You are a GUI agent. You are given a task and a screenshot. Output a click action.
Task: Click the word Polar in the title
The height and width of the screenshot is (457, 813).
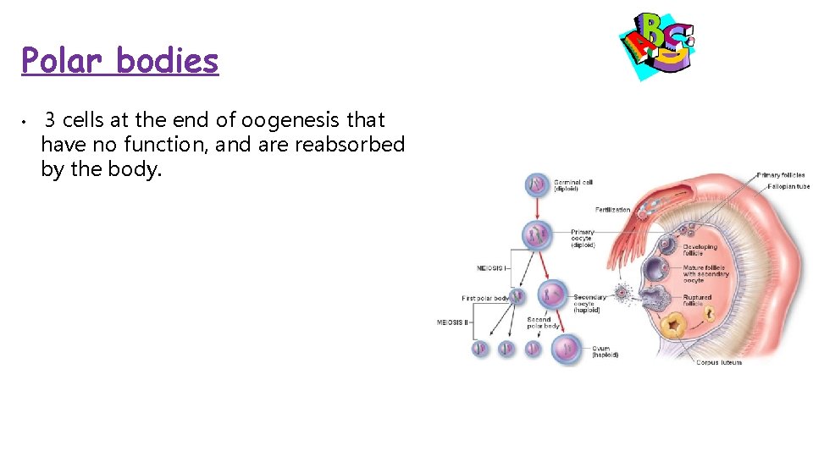tap(63, 61)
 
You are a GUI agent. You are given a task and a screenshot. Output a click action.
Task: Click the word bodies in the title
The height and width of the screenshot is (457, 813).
tap(168, 61)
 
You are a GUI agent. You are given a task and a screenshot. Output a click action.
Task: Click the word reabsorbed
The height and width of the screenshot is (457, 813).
tap(349, 145)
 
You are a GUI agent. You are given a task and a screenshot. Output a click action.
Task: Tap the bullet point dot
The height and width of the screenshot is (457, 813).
tap(26, 121)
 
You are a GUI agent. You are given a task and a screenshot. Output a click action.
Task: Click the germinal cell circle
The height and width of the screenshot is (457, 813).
tap(537, 184)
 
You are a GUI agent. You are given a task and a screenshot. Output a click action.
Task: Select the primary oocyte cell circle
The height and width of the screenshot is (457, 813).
tap(537, 234)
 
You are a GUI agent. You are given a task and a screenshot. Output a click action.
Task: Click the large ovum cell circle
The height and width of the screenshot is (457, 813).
tap(566, 348)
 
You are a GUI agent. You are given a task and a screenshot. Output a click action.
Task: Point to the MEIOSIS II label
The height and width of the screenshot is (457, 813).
tap(452, 322)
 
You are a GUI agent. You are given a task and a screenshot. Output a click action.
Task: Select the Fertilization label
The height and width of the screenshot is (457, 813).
tap(612, 209)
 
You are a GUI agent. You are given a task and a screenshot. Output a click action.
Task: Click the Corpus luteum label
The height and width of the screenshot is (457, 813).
tap(718, 362)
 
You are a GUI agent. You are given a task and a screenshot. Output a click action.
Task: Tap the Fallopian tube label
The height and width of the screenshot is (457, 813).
tap(788, 186)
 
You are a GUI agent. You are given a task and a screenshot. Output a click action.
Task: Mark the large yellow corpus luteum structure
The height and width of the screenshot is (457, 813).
tap(675, 326)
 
